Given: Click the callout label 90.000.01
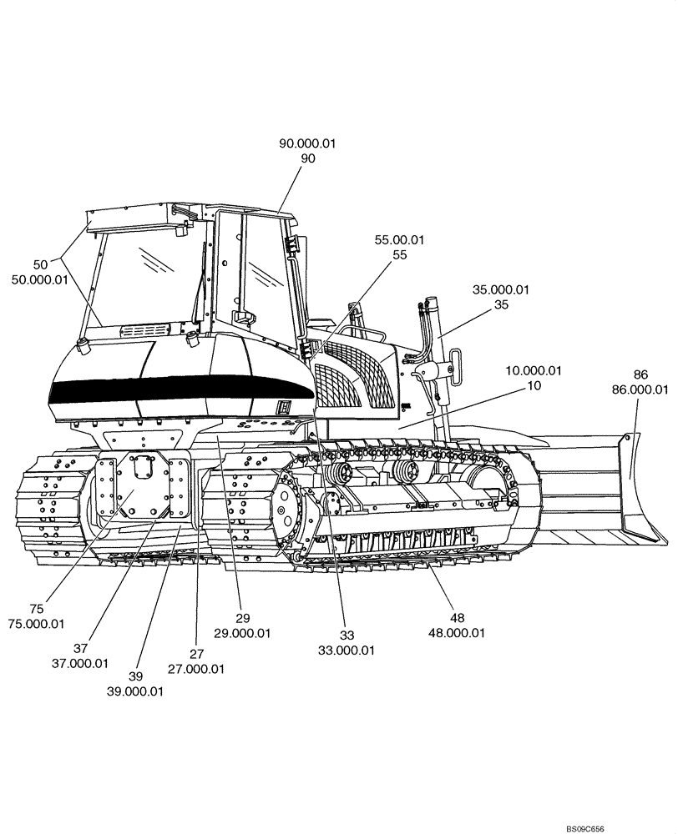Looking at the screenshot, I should click(307, 143).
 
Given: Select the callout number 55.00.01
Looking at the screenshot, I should click(399, 240).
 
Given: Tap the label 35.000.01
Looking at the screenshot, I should click(501, 290).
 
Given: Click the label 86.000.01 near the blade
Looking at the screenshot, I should click(640, 389).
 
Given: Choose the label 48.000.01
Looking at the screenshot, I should click(457, 632).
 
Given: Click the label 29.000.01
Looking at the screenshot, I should click(243, 633).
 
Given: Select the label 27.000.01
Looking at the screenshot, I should click(196, 668).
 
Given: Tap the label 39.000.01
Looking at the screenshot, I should click(134, 691).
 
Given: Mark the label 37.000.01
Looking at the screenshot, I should click(80, 663).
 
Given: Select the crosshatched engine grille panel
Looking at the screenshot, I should click(351, 379).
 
